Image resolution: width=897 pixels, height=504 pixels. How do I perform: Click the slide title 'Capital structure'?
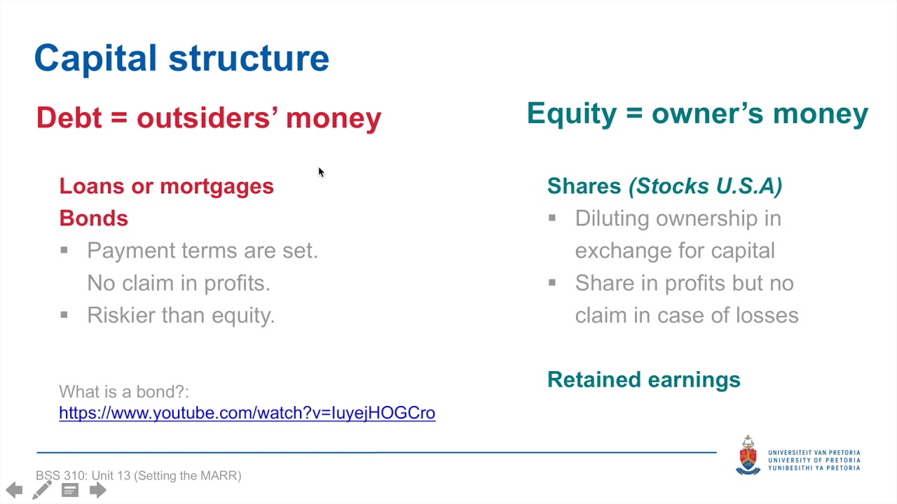(182, 59)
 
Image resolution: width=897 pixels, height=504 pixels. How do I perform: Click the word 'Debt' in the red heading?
(69, 118)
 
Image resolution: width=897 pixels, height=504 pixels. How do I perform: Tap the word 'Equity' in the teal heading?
(572, 114)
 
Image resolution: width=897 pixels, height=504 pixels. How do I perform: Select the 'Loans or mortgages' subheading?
(167, 186)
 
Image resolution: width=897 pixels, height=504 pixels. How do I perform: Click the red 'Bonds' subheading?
(94, 218)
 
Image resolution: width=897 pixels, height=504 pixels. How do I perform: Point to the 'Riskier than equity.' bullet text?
(181, 315)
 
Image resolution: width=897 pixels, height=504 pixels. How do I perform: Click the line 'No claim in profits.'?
(179, 283)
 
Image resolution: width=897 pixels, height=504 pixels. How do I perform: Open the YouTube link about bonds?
(247, 413)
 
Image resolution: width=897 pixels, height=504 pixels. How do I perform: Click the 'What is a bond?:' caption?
(124, 391)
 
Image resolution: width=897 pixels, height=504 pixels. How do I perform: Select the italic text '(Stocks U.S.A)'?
(705, 186)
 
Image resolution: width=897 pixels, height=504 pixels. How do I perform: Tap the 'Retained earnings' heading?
(644, 379)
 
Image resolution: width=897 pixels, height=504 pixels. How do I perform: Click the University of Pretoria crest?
(748, 456)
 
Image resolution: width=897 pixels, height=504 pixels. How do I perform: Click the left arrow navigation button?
(15, 490)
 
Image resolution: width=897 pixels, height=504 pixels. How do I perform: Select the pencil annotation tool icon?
(41, 490)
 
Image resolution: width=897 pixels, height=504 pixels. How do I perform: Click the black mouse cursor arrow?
(321, 172)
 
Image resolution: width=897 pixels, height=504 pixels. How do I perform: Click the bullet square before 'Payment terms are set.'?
(64, 251)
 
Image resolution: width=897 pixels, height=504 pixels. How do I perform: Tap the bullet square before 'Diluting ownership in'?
(552, 218)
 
